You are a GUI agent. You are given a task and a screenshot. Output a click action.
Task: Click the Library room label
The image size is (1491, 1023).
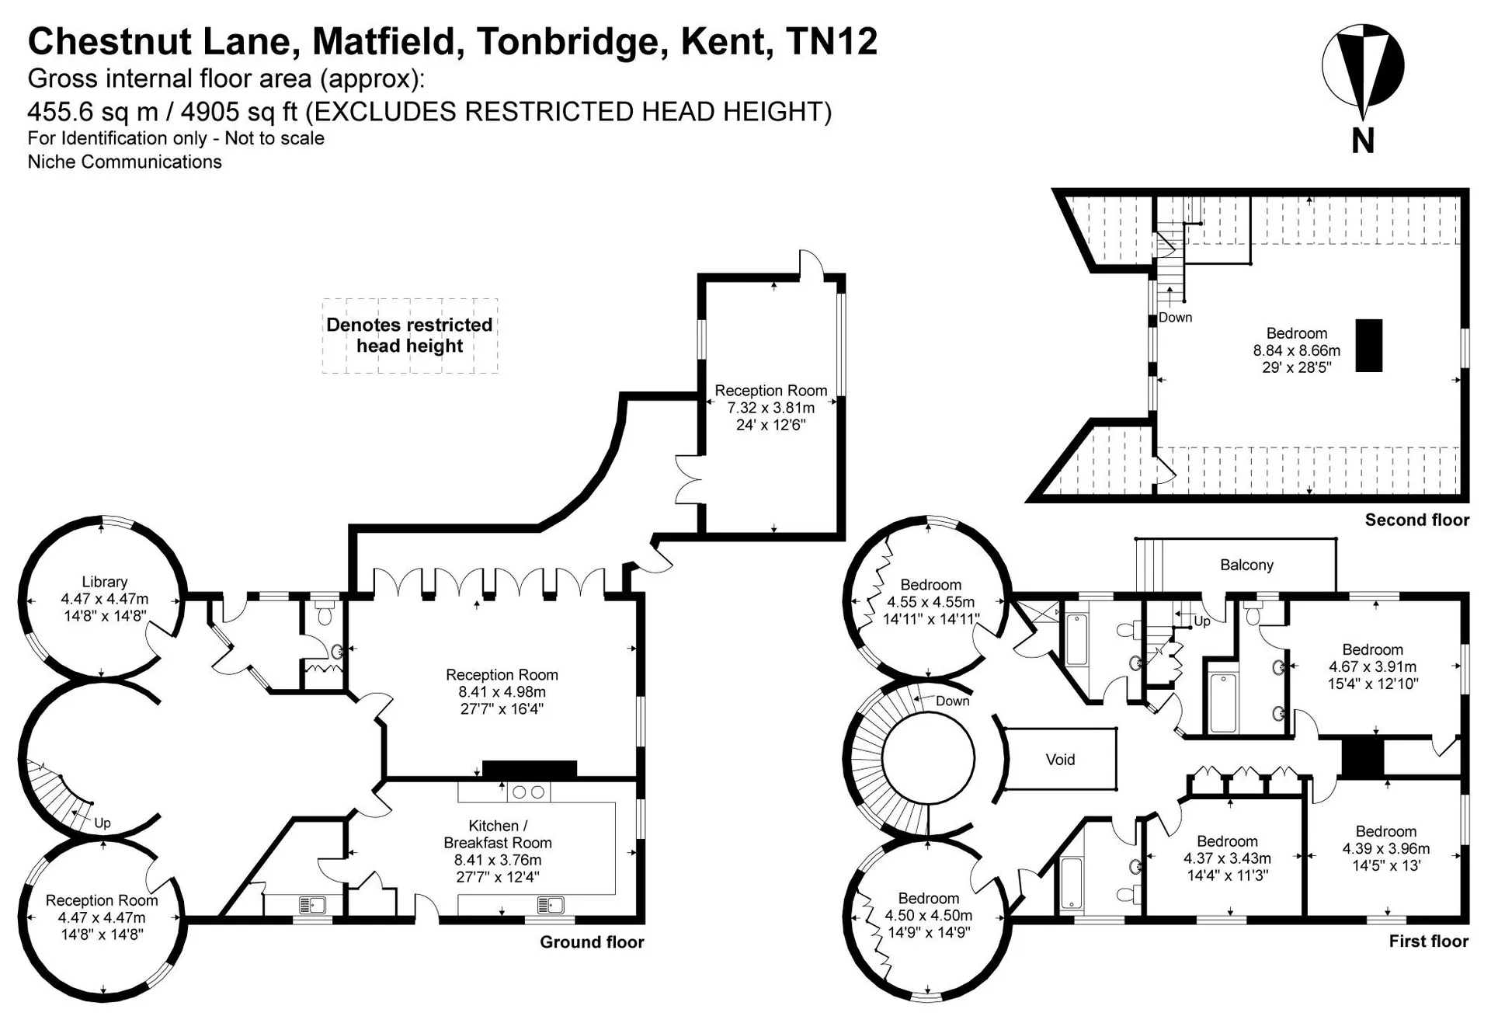pyautogui.click(x=105, y=582)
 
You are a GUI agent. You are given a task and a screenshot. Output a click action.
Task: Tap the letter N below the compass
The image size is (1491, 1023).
pyautogui.click(x=1363, y=141)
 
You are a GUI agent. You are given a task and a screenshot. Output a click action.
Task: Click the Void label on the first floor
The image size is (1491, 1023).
pyautogui.click(x=1060, y=760)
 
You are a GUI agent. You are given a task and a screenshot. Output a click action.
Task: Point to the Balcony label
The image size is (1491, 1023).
pyautogui.click(x=1246, y=565)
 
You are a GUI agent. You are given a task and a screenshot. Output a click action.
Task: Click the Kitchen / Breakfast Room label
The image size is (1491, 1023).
pyautogui.click(x=498, y=834)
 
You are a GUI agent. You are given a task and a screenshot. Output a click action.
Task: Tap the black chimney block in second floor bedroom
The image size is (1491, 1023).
pyautogui.click(x=1369, y=346)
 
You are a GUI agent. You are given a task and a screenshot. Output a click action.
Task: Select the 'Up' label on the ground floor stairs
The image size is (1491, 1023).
pyautogui.click(x=103, y=823)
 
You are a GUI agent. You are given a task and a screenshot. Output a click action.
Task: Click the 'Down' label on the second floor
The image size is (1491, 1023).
pyautogui.click(x=1175, y=318)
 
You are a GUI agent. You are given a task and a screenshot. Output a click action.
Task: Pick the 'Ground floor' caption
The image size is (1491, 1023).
pyautogui.click(x=592, y=942)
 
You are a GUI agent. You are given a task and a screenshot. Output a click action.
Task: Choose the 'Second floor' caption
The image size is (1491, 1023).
pyautogui.click(x=1417, y=520)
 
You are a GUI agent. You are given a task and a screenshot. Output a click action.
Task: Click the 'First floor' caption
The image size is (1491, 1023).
pyautogui.click(x=1429, y=941)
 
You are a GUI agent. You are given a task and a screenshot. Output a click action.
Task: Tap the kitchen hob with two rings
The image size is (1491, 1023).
pyautogui.click(x=529, y=792)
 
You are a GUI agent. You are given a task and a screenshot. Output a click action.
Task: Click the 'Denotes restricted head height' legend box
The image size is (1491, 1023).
pyautogui.click(x=410, y=336)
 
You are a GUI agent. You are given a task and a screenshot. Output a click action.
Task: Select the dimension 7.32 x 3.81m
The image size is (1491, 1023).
pyautogui.click(x=771, y=408)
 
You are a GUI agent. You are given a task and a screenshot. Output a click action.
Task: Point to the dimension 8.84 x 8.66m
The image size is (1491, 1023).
pyautogui.click(x=1297, y=350)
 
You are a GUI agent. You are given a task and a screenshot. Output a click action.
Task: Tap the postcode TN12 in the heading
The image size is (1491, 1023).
pyautogui.click(x=832, y=41)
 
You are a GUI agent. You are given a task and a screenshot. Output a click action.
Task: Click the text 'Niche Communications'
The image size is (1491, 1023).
pyautogui.click(x=125, y=162)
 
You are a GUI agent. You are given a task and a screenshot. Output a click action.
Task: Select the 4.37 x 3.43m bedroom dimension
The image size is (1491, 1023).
pyautogui.click(x=1227, y=858)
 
